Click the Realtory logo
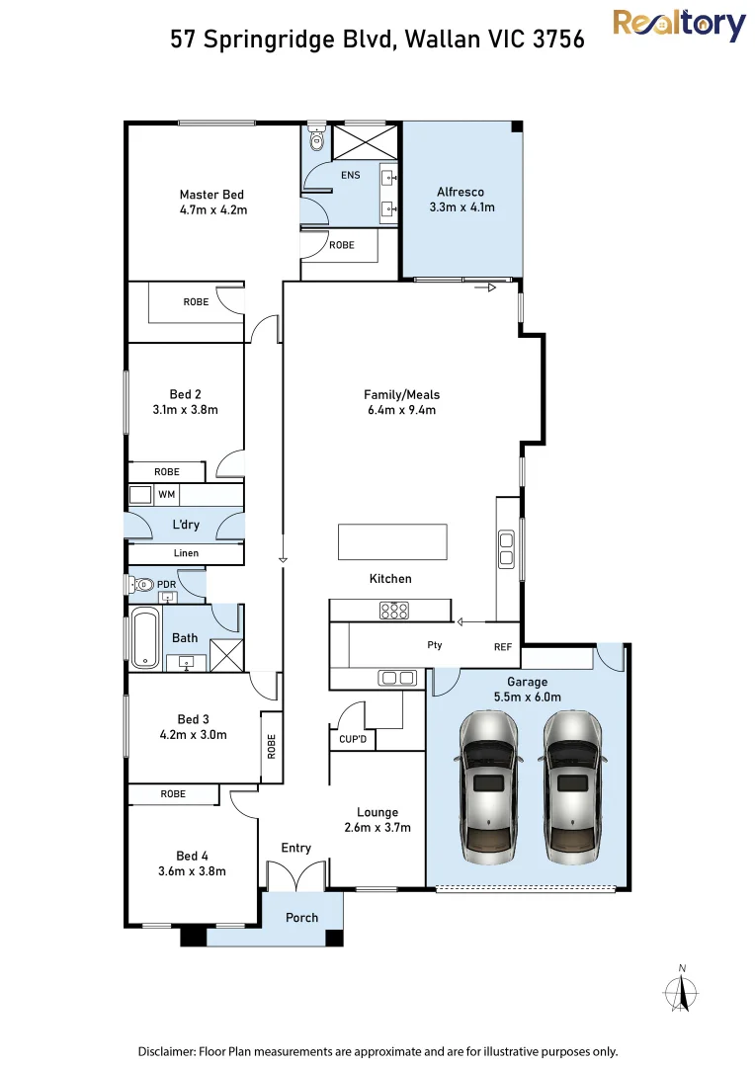click(679, 26)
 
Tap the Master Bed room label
click(211, 195)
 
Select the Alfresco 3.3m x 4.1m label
click(461, 200)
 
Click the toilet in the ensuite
click(316, 138)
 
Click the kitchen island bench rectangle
click(393, 541)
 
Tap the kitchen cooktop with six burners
click(394, 610)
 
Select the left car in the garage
click(490, 787)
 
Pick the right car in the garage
click(572, 787)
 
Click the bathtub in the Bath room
click(145, 637)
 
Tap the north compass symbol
click(681, 990)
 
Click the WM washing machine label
click(167, 495)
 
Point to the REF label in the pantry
click(502, 647)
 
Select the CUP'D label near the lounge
click(353, 739)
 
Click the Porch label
click(301, 917)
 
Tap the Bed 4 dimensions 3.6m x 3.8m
click(192, 871)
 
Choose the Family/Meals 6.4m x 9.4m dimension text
click(401, 410)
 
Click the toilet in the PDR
click(140, 584)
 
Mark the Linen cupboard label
click(186, 553)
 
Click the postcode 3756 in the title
click(558, 39)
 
